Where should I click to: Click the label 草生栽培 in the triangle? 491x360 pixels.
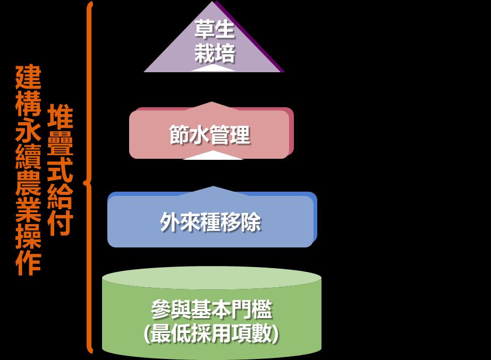tap(214, 41)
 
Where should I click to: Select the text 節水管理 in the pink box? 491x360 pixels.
tap(209, 135)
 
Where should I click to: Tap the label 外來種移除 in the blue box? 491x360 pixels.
tap(210, 222)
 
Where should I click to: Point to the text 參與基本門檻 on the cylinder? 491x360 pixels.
tap(211, 309)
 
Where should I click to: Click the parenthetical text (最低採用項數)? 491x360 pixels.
tap(211, 334)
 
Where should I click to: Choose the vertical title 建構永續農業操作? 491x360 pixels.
tap(28, 170)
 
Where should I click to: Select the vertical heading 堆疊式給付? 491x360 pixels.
tap(60, 170)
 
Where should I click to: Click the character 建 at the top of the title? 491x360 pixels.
tap(28, 78)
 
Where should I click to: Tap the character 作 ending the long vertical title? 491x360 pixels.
tap(28, 263)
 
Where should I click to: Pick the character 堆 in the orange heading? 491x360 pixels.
tap(60, 117)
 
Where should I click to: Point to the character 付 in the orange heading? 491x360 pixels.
tap(60, 224)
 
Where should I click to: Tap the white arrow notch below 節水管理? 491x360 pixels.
tap(213, 156)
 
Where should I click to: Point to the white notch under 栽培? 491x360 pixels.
tap(213, 68)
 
